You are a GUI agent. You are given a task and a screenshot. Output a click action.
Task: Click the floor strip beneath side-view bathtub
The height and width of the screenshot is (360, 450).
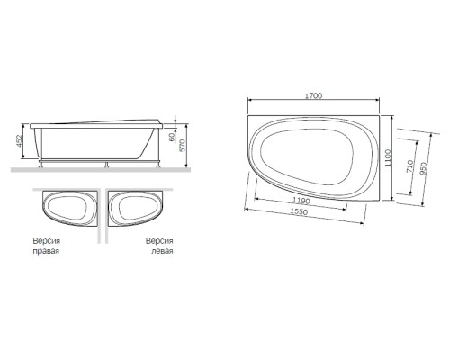pos(99,170)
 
